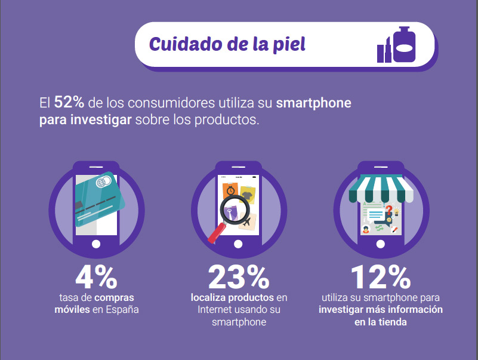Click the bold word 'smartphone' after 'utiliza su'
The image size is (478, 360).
[314, 103]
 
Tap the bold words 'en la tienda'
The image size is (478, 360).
[380, 322]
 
